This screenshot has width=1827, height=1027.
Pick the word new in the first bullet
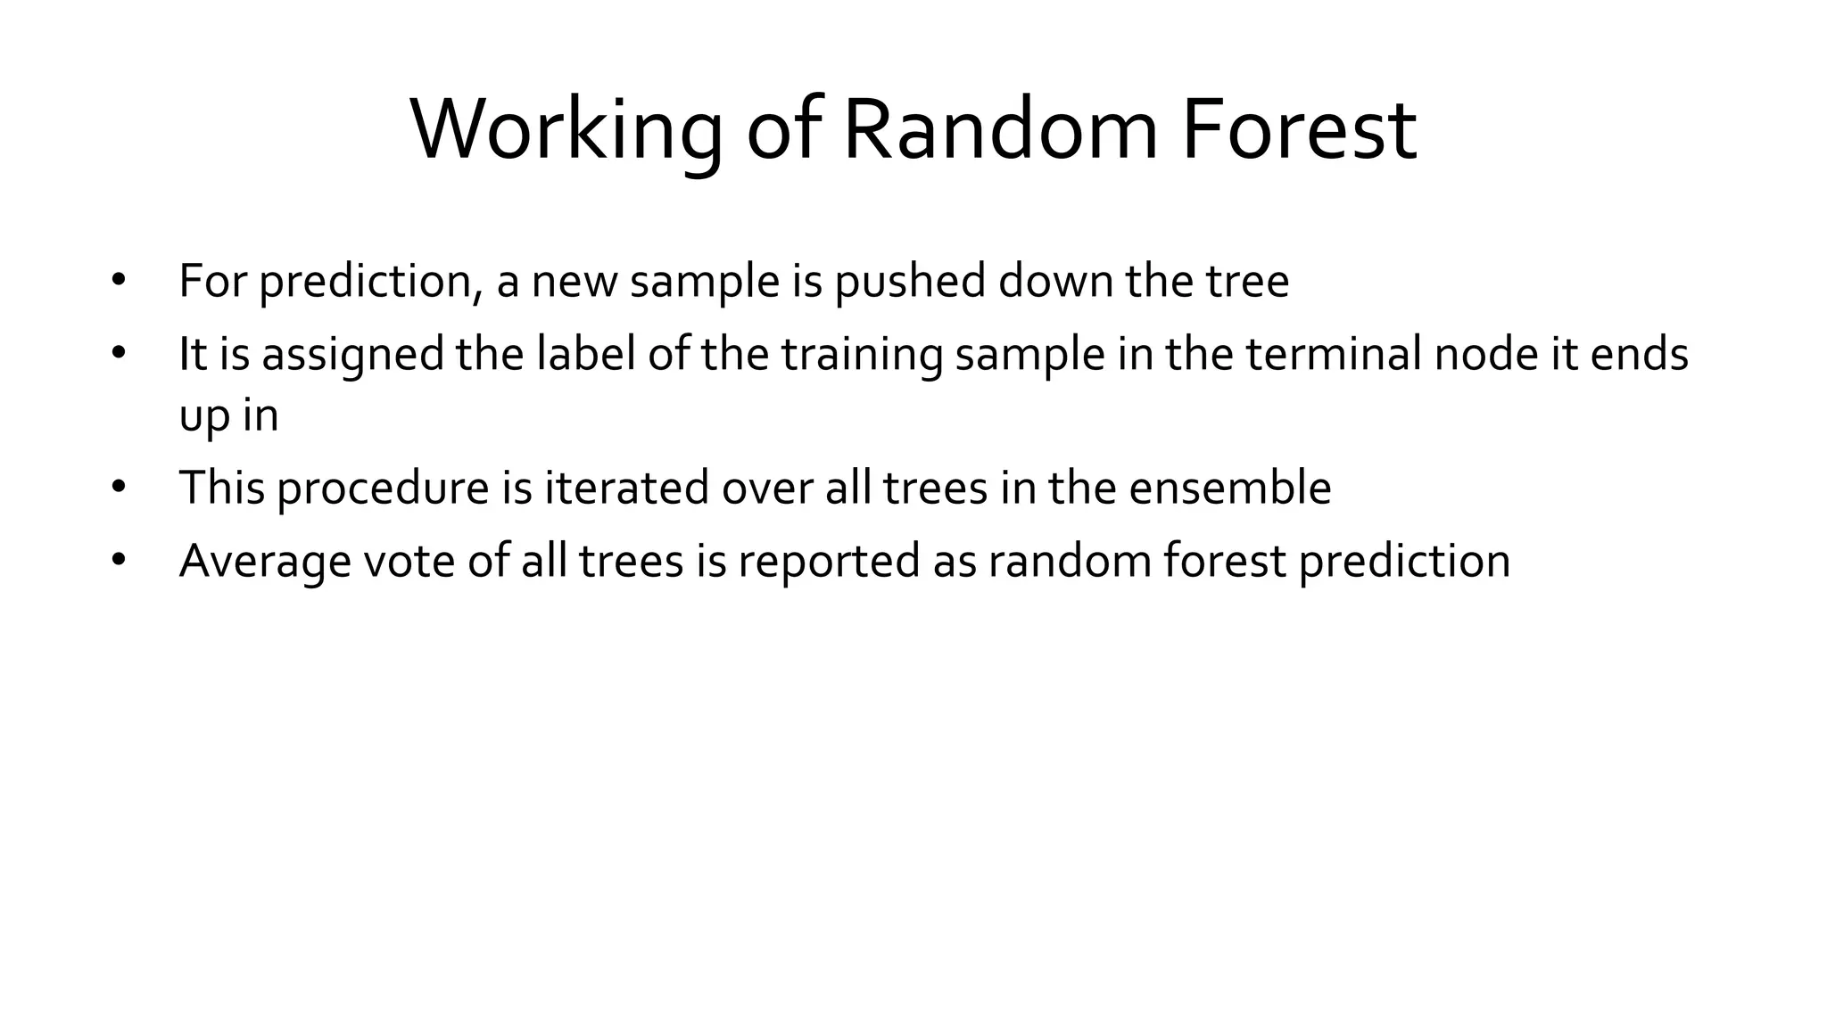pyautogui.click(x=575, y=282)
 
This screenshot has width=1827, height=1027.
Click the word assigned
pyautogui.click(x=352, y=355)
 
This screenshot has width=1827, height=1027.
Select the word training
pyautogui.click(x=862, y=355)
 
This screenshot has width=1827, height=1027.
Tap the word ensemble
pyautogui.click(x=1229, y=489)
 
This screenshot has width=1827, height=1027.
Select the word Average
pyautogui.click(x=265, y=562)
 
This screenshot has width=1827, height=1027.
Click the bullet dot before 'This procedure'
pyautogui.click(x=120, y=488)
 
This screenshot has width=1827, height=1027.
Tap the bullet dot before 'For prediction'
pyautogui.click(x=120, y=281)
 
